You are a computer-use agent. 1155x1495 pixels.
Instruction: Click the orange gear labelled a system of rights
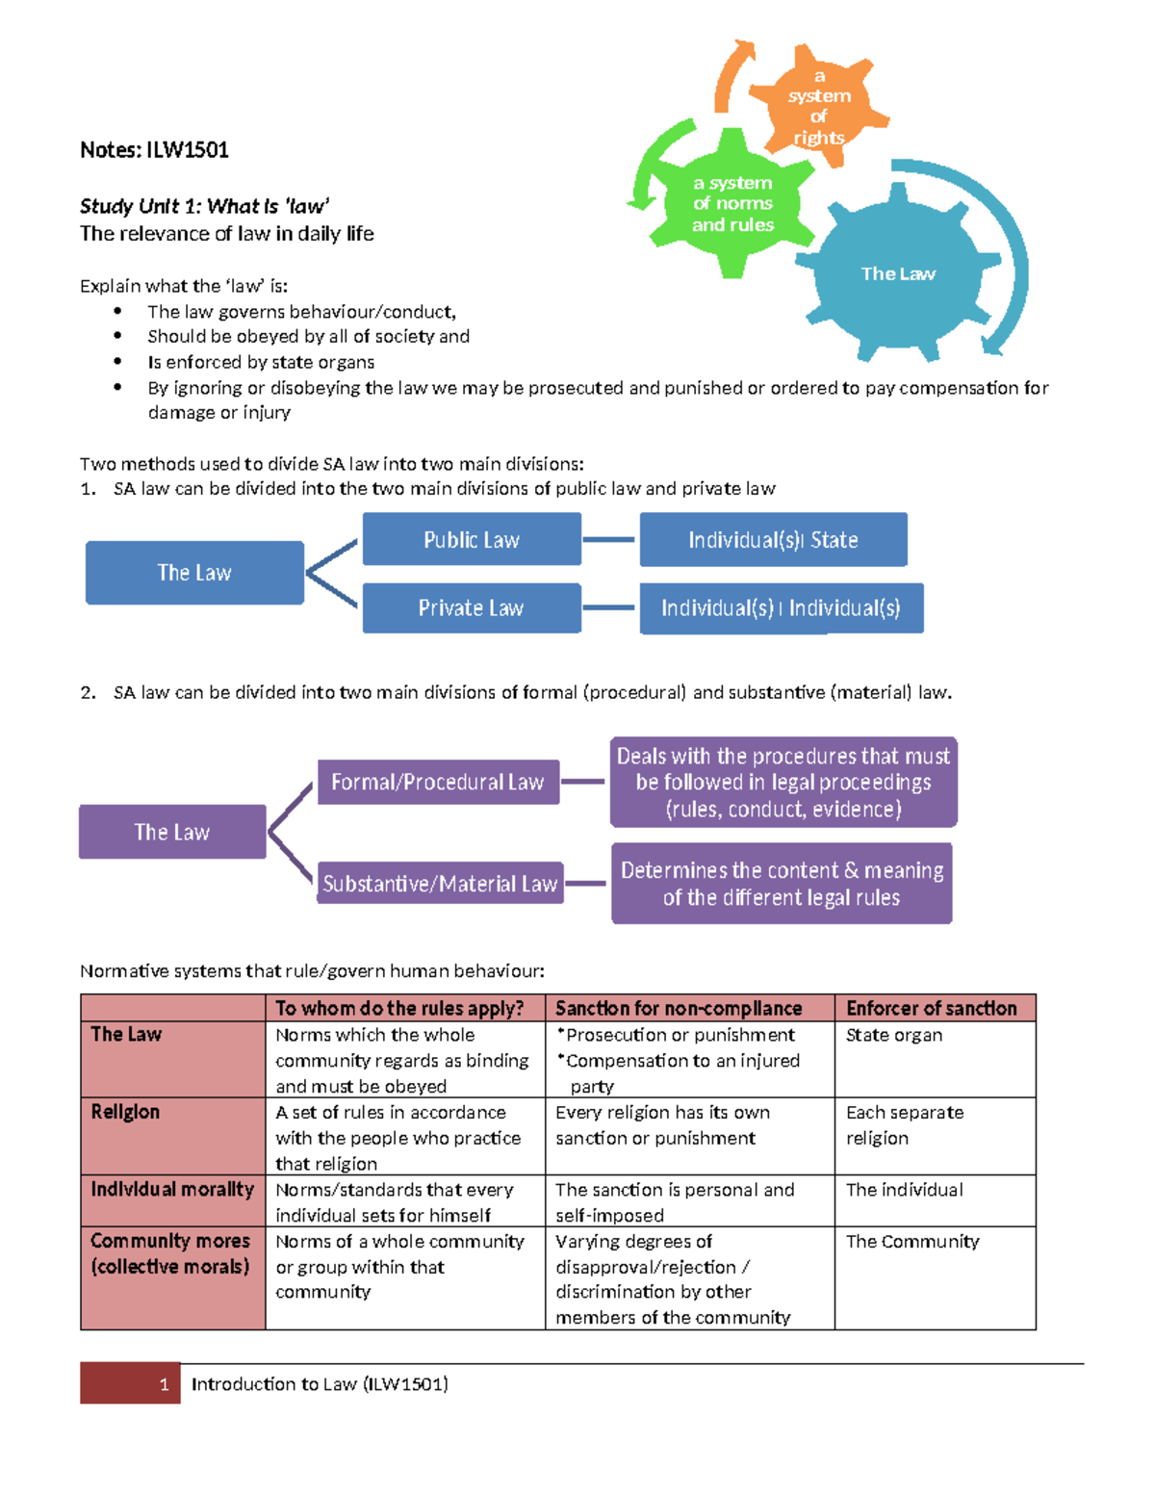818,107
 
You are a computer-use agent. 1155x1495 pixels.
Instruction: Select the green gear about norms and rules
732,204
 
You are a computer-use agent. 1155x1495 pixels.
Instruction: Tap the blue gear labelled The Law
898,274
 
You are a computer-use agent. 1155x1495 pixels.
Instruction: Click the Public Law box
472,539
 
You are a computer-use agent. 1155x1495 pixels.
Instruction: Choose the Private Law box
472,608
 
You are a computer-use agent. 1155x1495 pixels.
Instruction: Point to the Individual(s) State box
773,540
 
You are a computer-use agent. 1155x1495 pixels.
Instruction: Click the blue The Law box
194,573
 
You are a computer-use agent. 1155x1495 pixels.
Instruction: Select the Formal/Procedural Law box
438,782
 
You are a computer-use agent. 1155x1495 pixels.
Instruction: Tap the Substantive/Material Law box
440,883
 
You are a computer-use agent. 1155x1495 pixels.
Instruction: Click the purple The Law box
172,832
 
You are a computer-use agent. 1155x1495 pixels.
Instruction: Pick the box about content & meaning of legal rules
782,884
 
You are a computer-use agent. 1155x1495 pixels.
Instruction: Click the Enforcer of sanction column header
932,1008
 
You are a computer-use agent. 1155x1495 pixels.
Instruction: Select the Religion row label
126,1112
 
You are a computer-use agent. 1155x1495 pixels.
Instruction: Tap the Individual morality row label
172,1190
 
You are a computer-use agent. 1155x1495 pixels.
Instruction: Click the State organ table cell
894,1035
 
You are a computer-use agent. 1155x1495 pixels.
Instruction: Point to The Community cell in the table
912,1242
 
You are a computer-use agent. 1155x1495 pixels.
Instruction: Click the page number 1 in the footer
164,1384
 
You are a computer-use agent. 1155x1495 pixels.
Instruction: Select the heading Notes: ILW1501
154,150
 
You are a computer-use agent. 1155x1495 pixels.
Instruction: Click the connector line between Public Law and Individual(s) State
609,539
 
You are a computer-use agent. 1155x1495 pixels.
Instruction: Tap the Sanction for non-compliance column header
679,1008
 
